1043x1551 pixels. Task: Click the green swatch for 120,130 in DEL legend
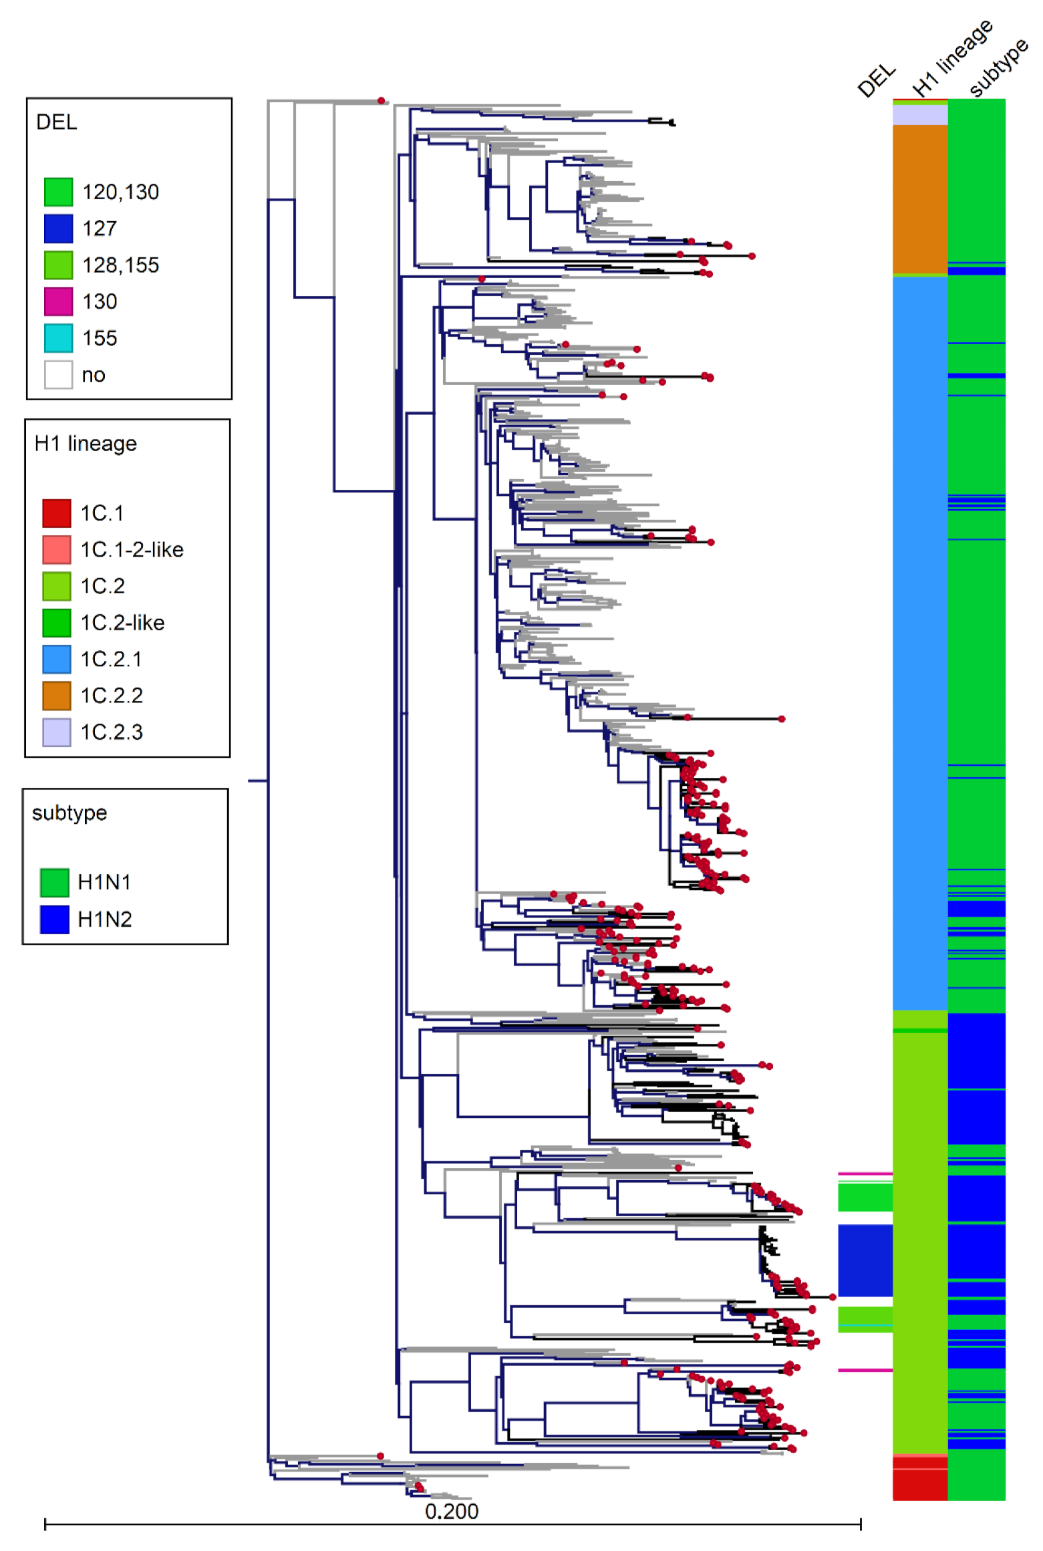pyautogui.click(x=58, y=192)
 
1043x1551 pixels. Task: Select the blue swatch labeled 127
pyautogui.click(x=58, y=229)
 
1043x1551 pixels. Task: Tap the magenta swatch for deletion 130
pyautogui.click(x=58, y=301)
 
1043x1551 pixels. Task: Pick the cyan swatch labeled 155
pyautogui.click(x=58, y=338)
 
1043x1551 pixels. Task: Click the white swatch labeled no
pyautogui.click(x=58, y=375)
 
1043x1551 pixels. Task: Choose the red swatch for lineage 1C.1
pyautogui.click(x=57, y=513)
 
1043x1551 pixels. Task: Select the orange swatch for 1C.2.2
pyautogui.click(x=57, y=696)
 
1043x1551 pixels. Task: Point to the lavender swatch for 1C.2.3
pyautogui.click(x=57, y=732)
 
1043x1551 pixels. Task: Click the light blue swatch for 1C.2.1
pyautogui.click(x=57, y=659)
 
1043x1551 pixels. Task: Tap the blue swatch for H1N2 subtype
pyautogui.click(x=54, y=919)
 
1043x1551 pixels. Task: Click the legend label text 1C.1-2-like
pyautogui.click(x=132, y=549)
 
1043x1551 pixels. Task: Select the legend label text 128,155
pyautogui.click(x=120, y=265)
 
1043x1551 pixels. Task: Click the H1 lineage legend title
pyautogui.click(x=86, y=444)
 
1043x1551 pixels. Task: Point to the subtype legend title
pyautogui.click(x=69, y=813)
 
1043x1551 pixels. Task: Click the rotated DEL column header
pyautogui.click(x=877, y=80)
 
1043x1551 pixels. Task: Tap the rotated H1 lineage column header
pyautogui.click(x=952, y=59)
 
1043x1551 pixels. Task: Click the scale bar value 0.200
pyautogui.click(x=452, y=1511)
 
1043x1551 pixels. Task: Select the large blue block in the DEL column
pyautogui.click(x=865, y=1260)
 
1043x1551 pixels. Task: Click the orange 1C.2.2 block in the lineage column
pyautogui.click(x=920, y=198)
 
